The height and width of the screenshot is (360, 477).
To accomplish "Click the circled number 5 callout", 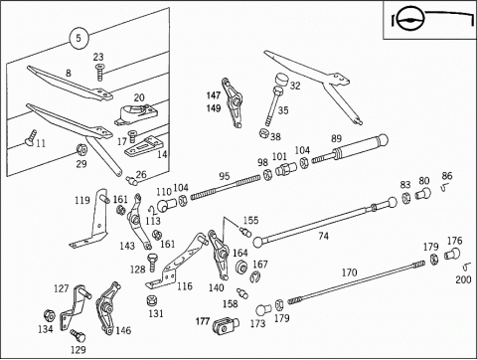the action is (79, 38).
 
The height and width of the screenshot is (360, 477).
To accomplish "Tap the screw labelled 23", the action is (99, 73).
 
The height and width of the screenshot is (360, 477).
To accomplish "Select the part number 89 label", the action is (337, 138).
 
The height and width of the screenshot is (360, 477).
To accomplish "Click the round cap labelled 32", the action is (281, 80).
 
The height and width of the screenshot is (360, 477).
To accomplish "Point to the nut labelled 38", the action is (263, 133).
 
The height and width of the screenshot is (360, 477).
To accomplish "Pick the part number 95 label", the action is (225, 176).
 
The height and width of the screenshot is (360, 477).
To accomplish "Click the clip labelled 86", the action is (444, 188).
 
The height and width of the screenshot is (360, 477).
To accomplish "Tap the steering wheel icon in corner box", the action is (409, 19).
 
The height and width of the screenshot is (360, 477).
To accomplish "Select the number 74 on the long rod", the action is (324, 236).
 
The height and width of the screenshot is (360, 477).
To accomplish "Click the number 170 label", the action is (349, 272).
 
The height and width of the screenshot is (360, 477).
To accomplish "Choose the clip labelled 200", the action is (467, 267).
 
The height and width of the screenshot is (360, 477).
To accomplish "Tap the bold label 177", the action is (203, 321).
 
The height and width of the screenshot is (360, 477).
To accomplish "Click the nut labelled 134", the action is (49, 315).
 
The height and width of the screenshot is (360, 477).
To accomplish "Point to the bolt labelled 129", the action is (78, 335).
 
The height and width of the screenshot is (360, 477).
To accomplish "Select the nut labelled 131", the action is (152, 300).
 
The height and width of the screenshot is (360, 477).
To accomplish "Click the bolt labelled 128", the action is (152, 263).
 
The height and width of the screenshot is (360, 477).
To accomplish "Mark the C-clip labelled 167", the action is (255, 276).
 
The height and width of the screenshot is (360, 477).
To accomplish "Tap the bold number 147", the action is (214, 95).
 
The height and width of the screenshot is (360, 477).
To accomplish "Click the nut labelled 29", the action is (81, 150).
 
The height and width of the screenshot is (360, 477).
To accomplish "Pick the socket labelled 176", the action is (452, 255).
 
